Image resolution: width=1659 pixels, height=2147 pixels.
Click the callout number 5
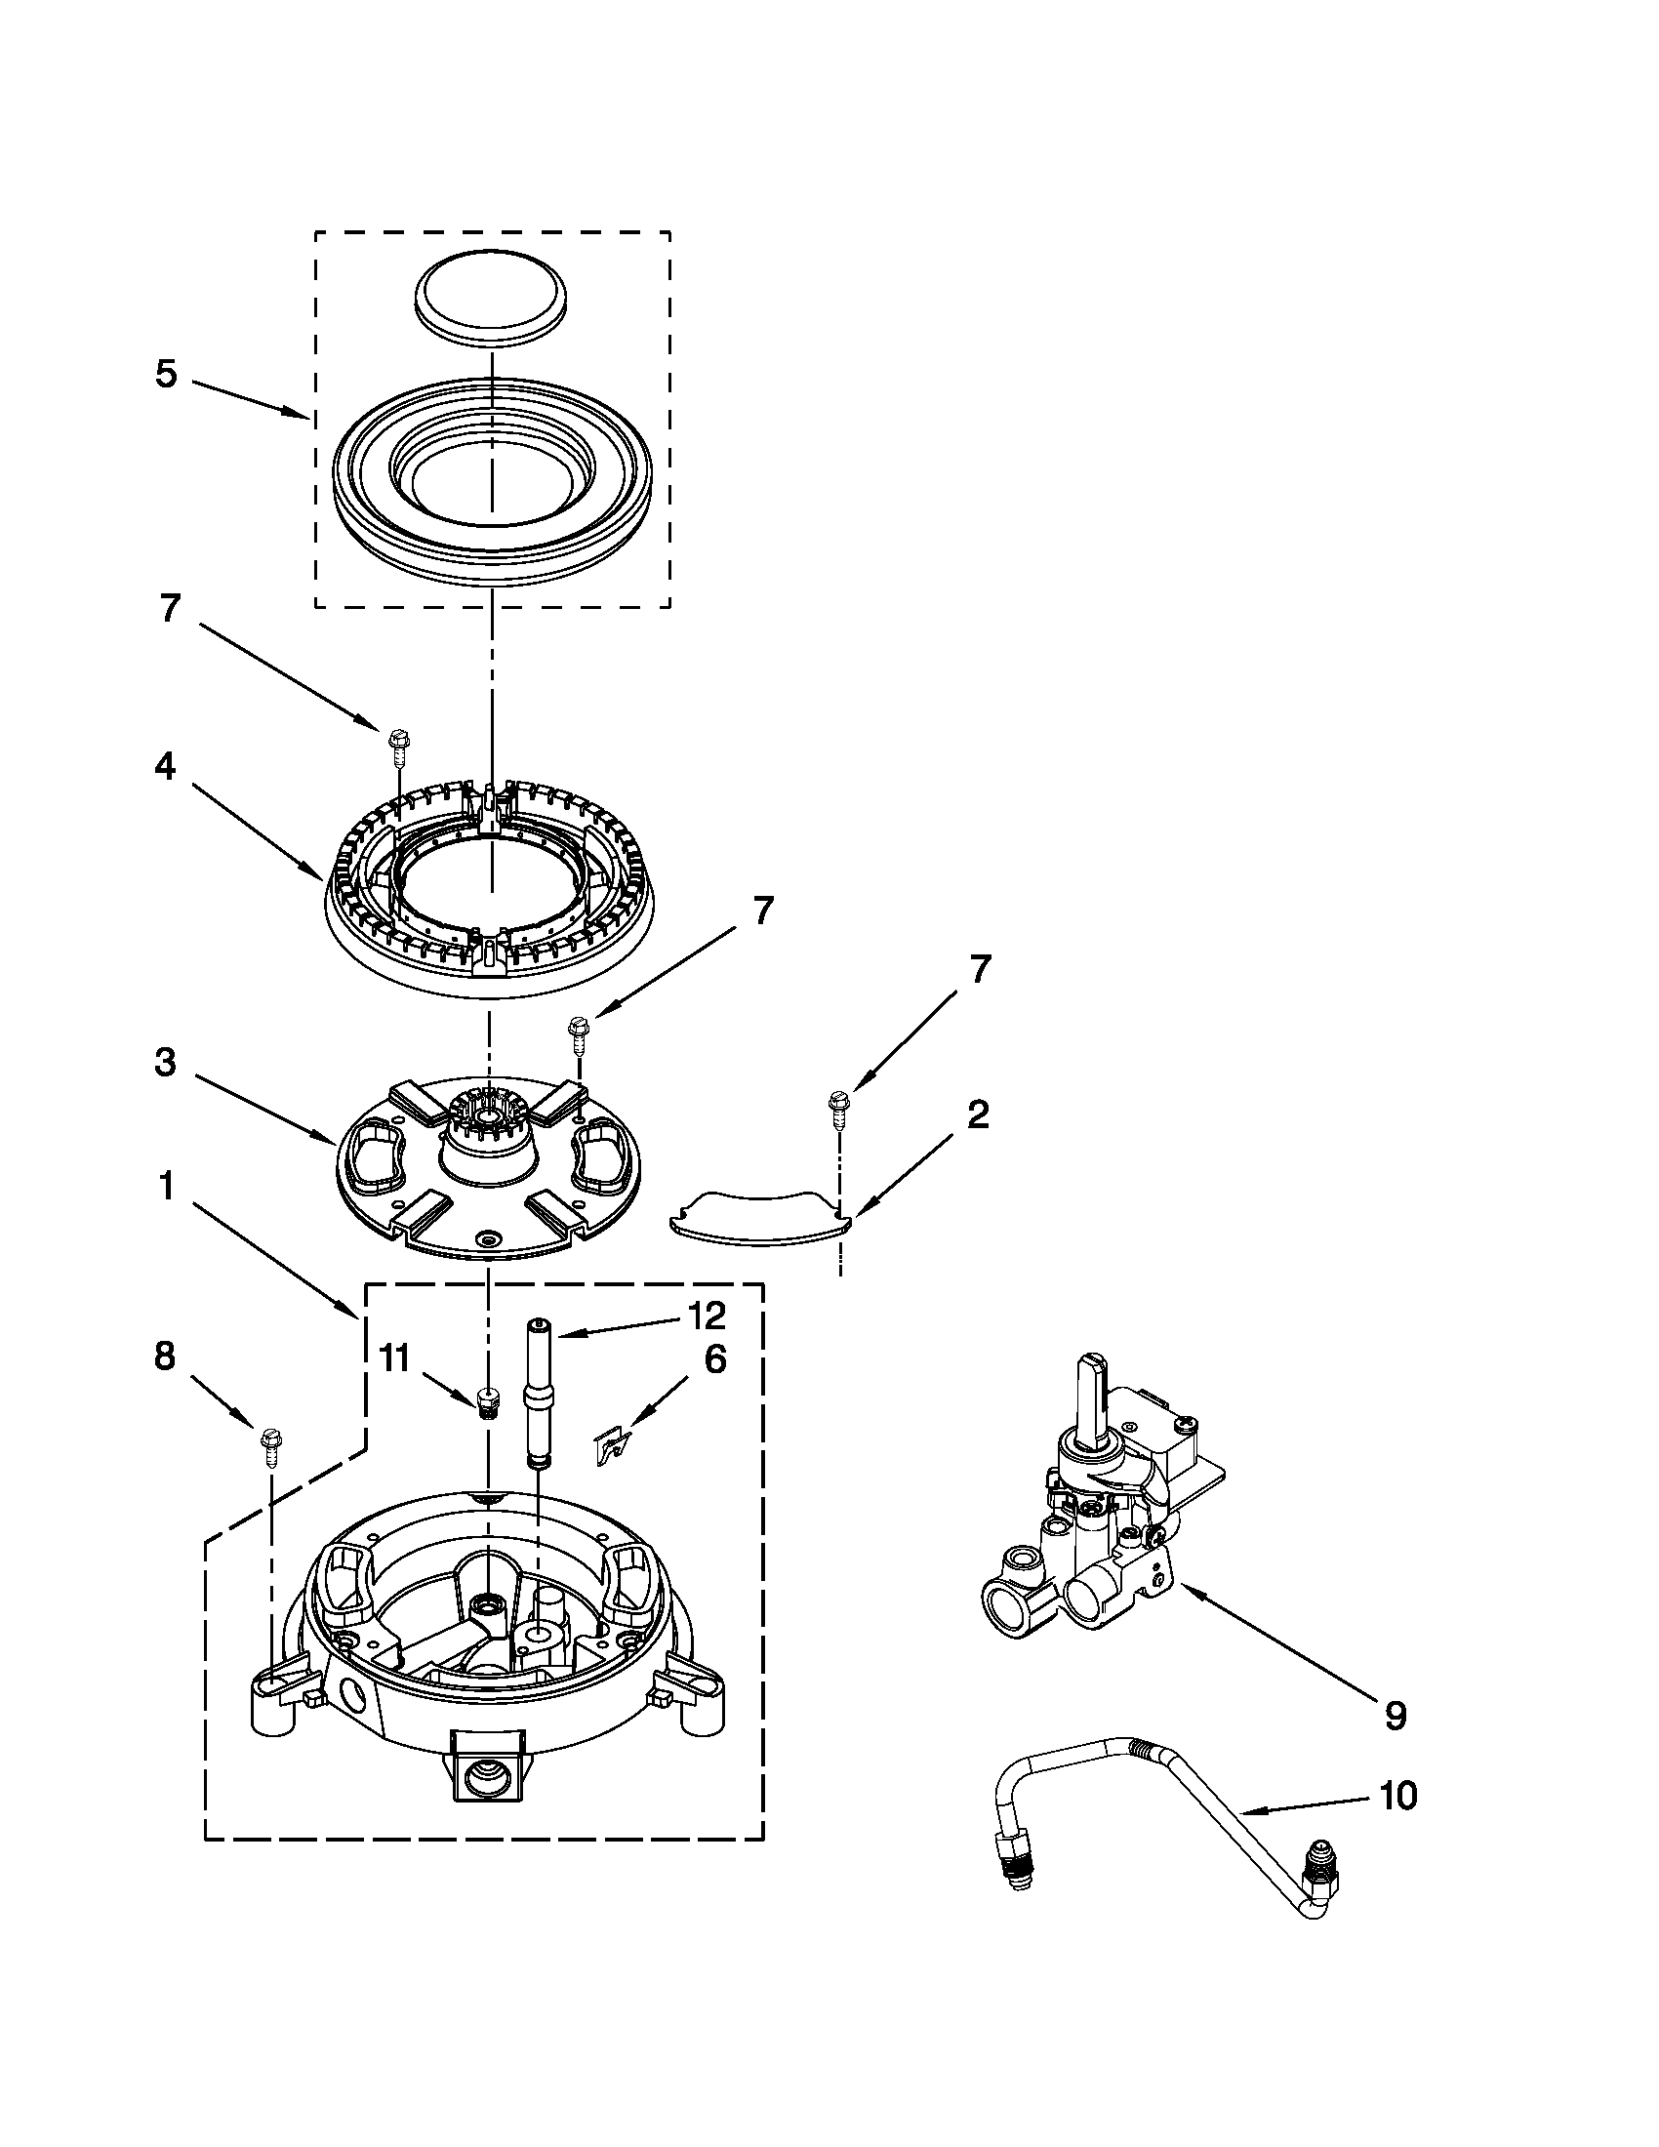166,375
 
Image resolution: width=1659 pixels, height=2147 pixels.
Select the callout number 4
165,766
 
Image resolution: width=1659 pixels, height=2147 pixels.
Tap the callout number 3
165,1061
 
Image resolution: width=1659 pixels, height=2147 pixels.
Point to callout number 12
707,1315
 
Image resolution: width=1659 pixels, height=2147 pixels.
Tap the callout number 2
977,1114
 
